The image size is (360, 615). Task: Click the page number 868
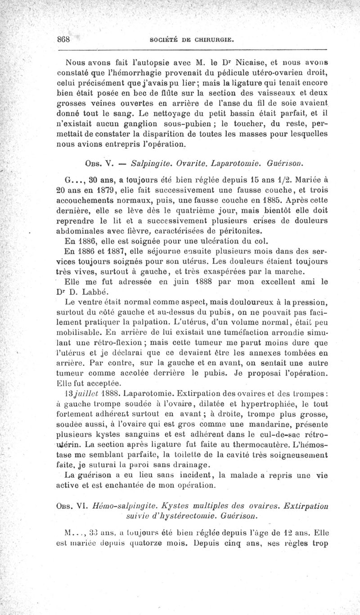click(x=63, y=39)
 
